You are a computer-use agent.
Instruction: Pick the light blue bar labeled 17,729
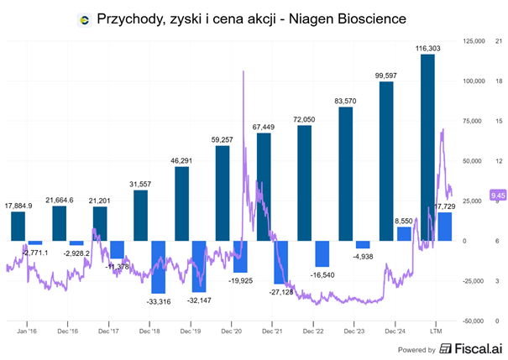(445, 227)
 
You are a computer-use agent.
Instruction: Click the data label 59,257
(223, 138)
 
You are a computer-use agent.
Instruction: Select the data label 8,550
(405, 220)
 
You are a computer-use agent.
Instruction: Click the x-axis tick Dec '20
(232, 332)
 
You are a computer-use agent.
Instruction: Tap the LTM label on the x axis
(437, 332)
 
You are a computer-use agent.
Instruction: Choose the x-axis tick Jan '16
(26, 332)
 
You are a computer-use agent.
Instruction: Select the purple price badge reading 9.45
(474, 196)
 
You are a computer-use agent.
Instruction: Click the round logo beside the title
(84, 18)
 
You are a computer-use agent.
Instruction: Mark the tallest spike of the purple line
(244, 73)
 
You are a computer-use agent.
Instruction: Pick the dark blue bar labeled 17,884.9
(18, 226)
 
